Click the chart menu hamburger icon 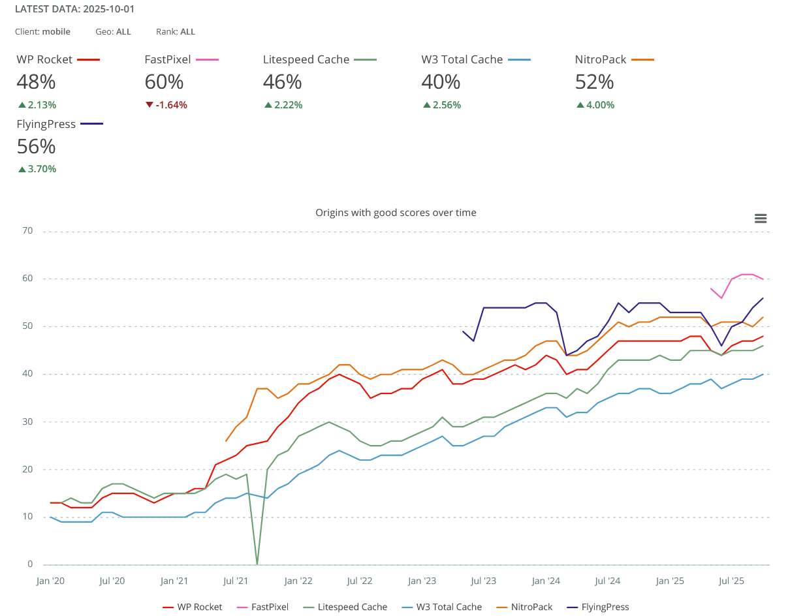tap(760, 219)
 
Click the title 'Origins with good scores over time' tap(396, 213)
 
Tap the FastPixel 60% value tap(163, 82)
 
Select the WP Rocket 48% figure tap(36, 82)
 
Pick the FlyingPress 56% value tap(36, 146)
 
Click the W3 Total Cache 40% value tap(441, 82)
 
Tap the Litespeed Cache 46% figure tap(282, 82)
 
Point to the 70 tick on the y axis tap(28, 231)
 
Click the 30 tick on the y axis tap(28, 422)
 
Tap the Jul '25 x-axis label tap(731, 581)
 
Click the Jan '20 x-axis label tap(51, 581)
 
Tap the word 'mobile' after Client tap(56, 31)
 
